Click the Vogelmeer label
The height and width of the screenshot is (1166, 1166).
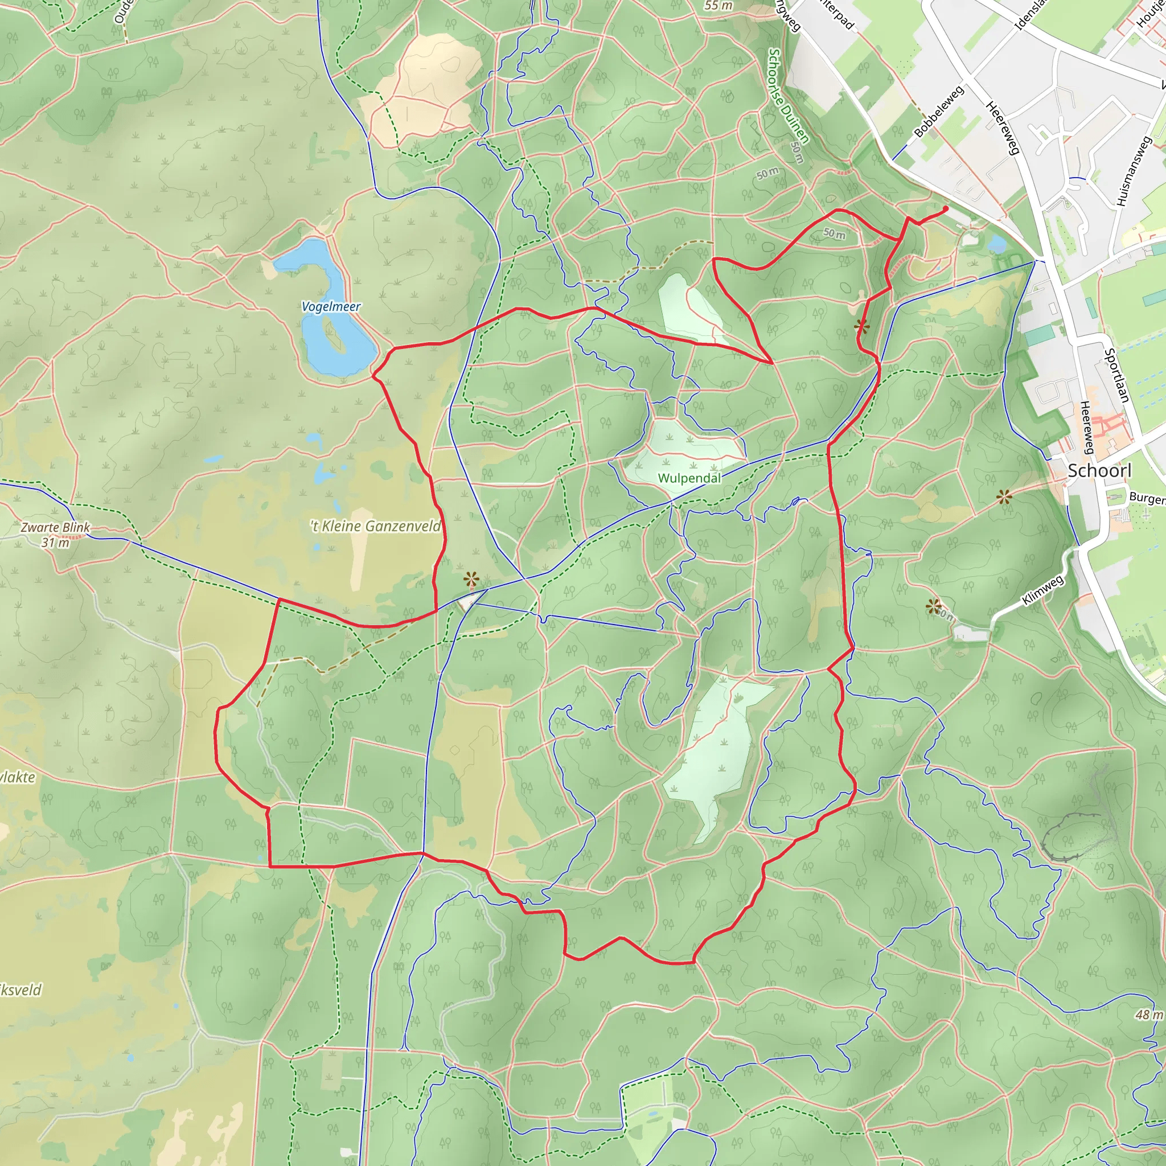tap(331, 307)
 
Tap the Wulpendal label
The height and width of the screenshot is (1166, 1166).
tap(689, 478)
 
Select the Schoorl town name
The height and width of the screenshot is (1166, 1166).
tap(1099, 471)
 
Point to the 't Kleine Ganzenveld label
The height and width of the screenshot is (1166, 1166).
tap(376, 526)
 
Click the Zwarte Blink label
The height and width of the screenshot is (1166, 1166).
tap(56, 527)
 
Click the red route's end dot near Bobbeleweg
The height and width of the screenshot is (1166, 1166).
tap(945, 209)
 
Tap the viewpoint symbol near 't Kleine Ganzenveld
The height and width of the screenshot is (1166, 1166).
tap(471, 581)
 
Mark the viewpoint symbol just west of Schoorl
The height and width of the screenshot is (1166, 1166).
tap(1004, 497)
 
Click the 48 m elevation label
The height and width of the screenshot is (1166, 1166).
tap(1148, 1015)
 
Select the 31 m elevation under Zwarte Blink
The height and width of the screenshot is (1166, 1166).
tap(56, 543)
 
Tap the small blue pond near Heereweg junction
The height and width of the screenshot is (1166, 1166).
tap(997, 244)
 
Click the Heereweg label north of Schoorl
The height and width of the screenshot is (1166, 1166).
tap(1003, 128)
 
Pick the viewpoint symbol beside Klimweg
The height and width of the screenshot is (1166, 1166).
tap(934, 606)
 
